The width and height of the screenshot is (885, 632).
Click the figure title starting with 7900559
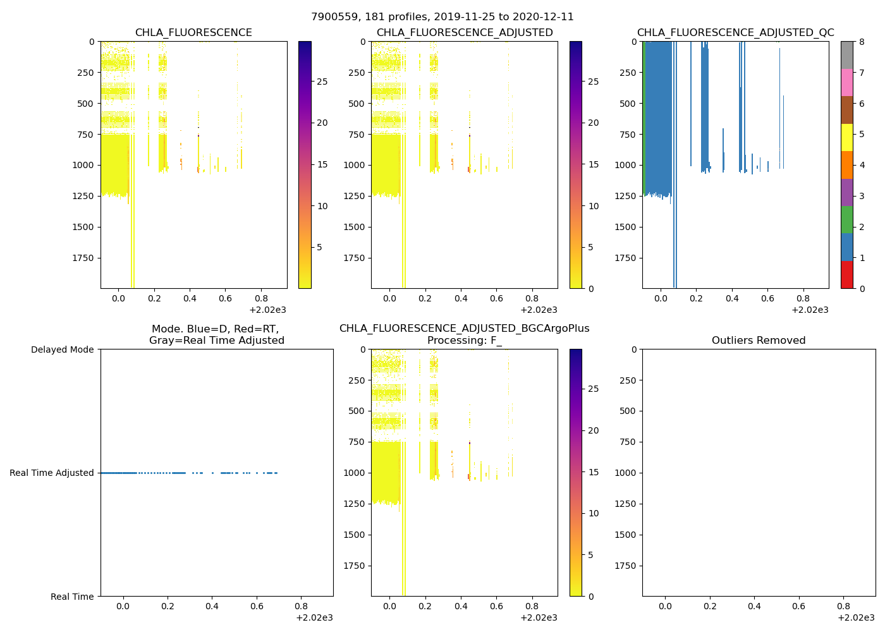click(x=442, y=17)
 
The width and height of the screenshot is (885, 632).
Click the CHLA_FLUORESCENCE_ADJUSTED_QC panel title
click(x=735, y=33)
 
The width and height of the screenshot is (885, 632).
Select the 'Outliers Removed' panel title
click(x=759, y=341)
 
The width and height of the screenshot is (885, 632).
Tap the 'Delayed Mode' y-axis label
click(x=62, y=349)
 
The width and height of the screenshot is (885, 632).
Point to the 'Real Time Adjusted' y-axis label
click(x=52, y=473)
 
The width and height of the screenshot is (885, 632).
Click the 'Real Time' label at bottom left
click(x=72, y=597)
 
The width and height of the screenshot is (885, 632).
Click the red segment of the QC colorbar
click(x=846, y=275)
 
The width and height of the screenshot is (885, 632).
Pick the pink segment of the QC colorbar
click(x=846, y=83)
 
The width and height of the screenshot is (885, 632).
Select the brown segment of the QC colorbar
click(x=846, y=110)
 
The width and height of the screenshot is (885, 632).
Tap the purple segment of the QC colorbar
click(x=846, y=193)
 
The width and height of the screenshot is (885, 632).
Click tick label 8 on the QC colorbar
click(x=861, y=42)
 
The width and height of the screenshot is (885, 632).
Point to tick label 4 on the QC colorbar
click(x=861, y=166)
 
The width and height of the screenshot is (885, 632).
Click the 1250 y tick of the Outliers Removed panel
click(x=625, y=504)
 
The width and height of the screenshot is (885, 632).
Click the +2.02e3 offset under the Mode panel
click(x=314, y=617)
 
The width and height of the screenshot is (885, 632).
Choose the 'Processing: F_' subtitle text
click(x=464, y=341)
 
